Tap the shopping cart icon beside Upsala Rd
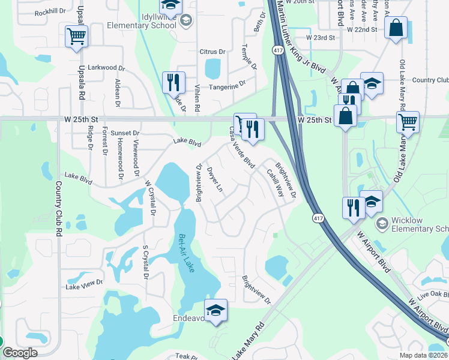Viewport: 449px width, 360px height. click(x=76, y=37)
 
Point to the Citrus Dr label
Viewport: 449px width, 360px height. click(x=212, y=52)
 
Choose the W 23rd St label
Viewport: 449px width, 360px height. click(x=319, y=38)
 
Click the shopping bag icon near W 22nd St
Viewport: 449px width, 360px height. click(x=396, y=28)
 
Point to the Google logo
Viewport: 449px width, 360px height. click(x=20, y=352)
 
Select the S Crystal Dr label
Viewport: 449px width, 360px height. click(x=145, y=263)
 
